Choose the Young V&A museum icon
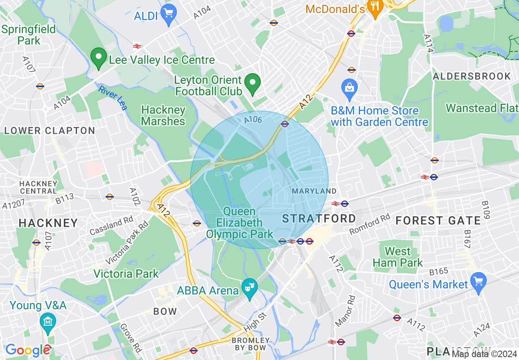coord(48,322)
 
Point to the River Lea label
coord(113,97)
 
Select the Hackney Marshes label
coord(163,116)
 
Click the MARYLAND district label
coord(314,191)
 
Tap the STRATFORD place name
coord(319,218)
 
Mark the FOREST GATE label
coord(438,221)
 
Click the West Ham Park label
coord(398,257)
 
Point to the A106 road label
coord(253,119)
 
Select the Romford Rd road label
coord(370,225)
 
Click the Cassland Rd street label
coord(111,225)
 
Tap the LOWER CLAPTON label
coord(50,131)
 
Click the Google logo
coord(28,350)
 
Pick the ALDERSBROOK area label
coord(472,76)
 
